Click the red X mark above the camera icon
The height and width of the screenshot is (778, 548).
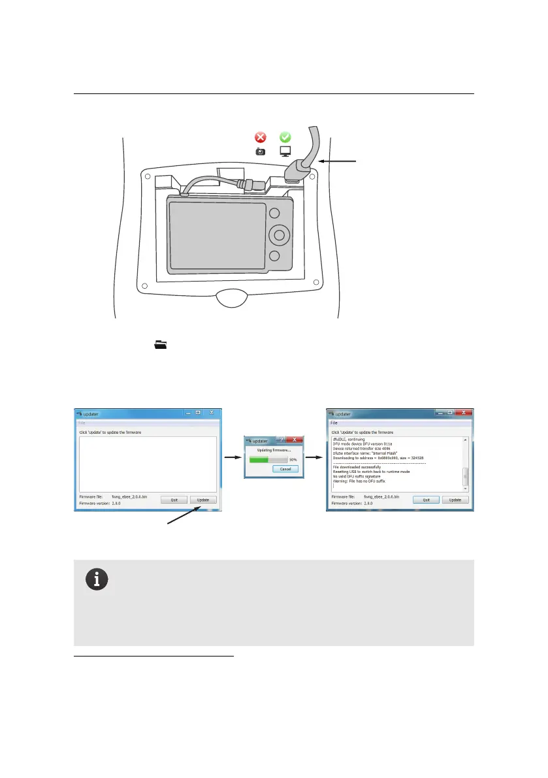pyautogui.click(x=261, y=137)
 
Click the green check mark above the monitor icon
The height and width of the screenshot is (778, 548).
pyautogui.click(x=285, y=137)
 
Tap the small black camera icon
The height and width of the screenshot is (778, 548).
pyautogui.click(x=261, y=152)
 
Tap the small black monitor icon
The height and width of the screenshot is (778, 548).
pyautogui.click(x=285, y=152)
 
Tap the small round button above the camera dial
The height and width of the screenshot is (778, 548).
pyautogui.click(x=275, y=213)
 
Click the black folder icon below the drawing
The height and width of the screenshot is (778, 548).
pyautogui.click(x=160, y=344)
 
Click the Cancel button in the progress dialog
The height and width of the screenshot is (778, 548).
pyautogui.click(x=285, y=469)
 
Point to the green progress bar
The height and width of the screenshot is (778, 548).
pyautogui.click(x=258, y=460)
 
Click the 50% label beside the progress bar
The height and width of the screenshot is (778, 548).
pyautogui.click(x=293, y=460)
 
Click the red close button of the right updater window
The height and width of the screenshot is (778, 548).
pyautogui.click(x=462, y=413)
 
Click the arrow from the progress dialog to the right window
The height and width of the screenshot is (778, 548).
pyautogui.click(x=315, y=458)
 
